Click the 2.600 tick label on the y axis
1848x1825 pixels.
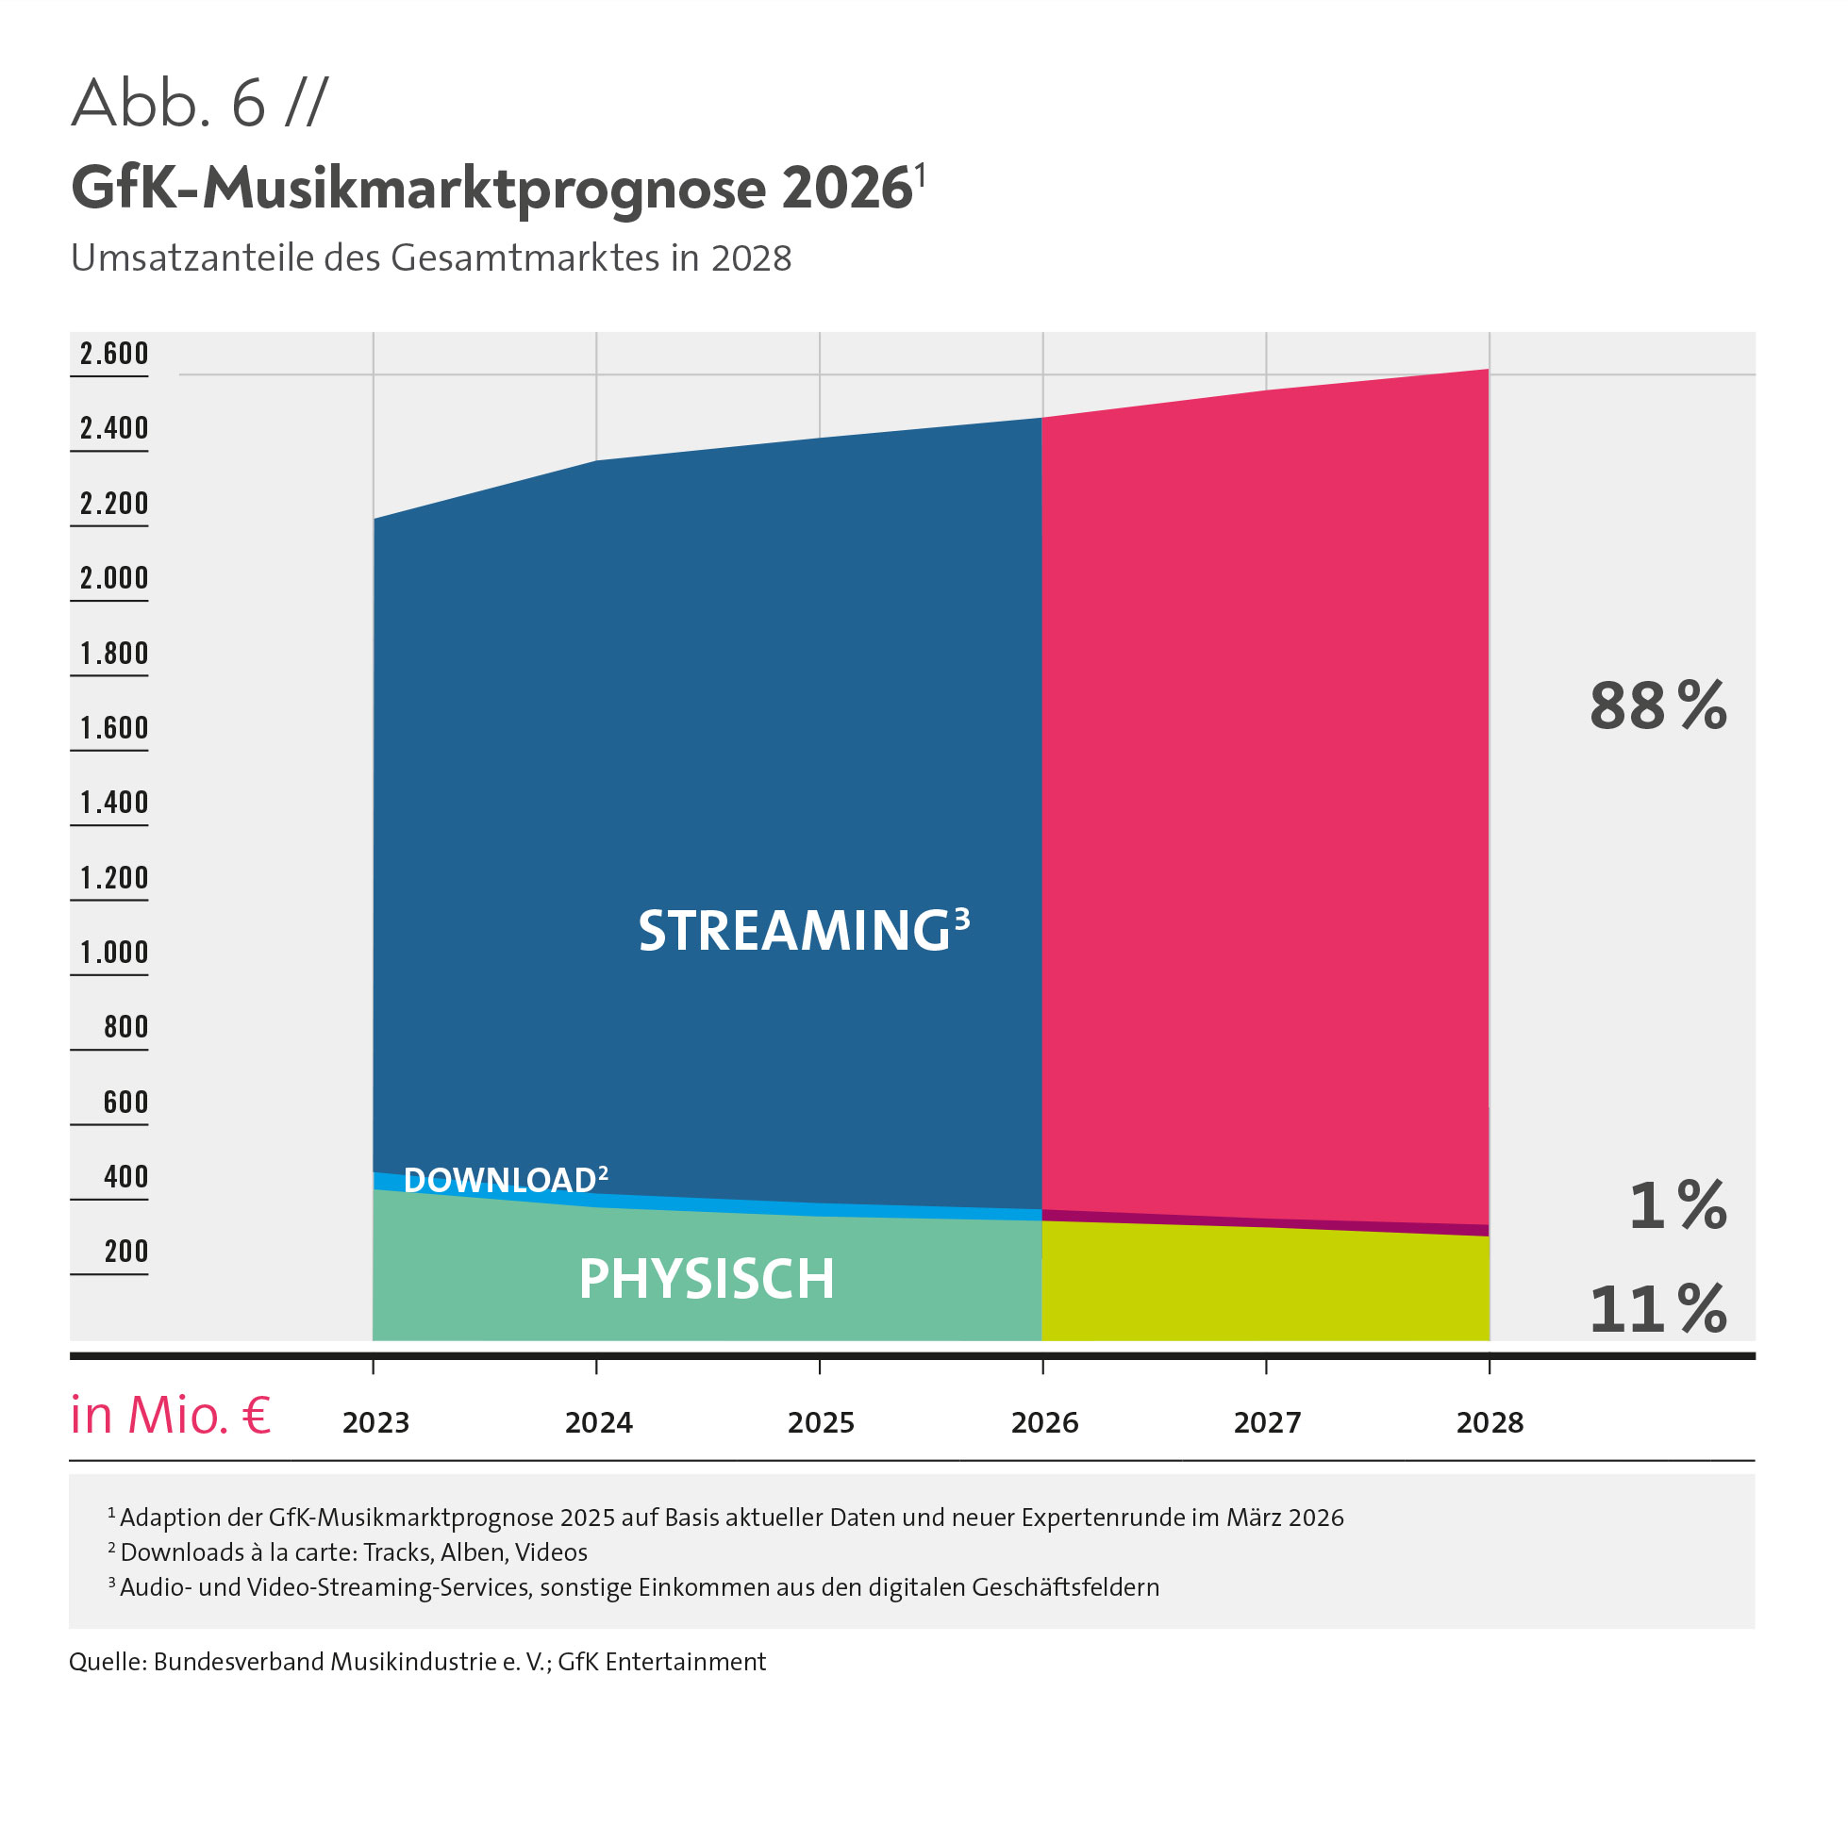(x=114, y=354)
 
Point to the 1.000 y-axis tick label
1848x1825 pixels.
(x=114, y=953)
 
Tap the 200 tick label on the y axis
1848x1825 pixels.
(x=126, y=1252)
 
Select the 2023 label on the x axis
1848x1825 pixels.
(x=375, y=1423)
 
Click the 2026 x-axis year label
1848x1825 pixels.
(x=1044, y=1423)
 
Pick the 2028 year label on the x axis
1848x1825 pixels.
(x=1490, y=1423)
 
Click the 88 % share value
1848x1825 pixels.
(x=1657, y=706)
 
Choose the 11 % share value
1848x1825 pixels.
(x=1657, y=1309)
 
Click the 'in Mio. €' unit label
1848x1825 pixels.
(x=170, y=1416)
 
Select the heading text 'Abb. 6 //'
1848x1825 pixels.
(x=199, y=104)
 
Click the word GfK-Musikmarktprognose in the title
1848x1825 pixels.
(x=419, y=189)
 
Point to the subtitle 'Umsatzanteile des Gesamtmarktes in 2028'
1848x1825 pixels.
(x=431, y=258)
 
